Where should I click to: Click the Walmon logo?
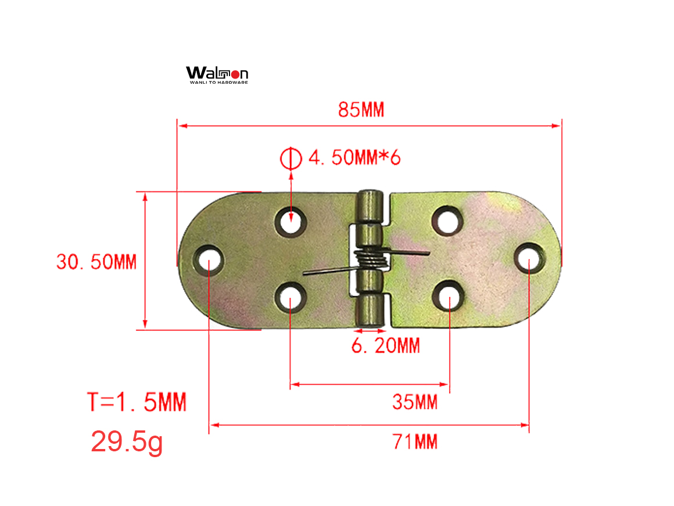point(217,73)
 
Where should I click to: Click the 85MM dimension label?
point(361,110)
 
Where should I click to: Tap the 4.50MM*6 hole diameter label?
point(354,158)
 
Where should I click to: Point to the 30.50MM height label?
point(96,262)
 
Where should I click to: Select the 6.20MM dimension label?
point(385,346)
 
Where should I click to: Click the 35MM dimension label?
point(414,402)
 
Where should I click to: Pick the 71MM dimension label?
point(415,442)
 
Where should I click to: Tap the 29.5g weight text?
point(127,442)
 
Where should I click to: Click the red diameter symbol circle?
point(290,158)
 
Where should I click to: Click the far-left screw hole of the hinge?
point(209,260)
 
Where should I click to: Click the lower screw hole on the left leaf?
point(290,297)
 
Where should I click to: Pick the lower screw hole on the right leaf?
point(449,295)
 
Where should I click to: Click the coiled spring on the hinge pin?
point(371,260)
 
